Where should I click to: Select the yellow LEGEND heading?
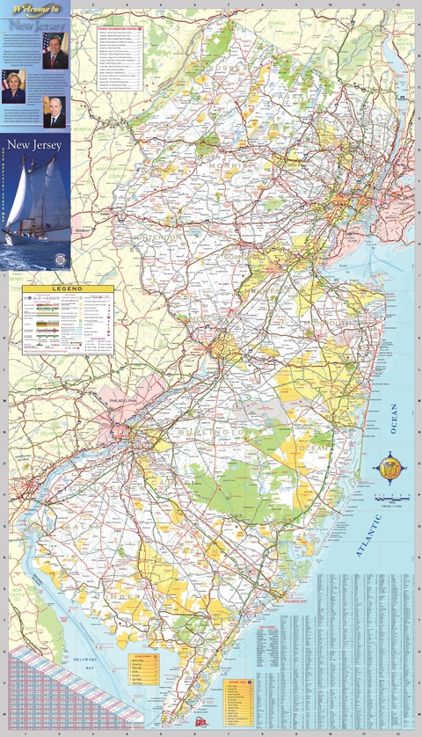point(67,288)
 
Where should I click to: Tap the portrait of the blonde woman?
point(16,86)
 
